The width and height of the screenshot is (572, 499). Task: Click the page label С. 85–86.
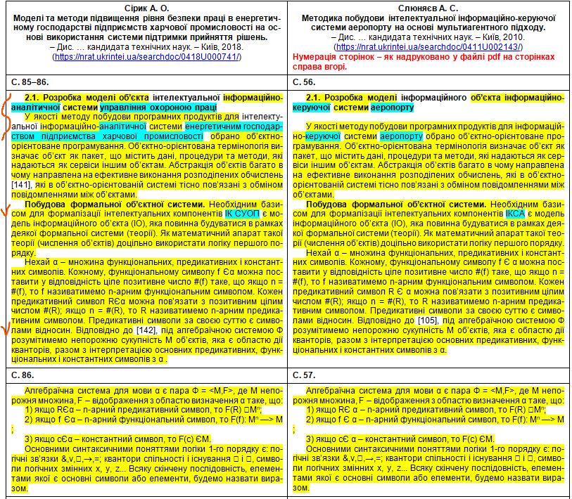pyautogui.click(x=29, y=82)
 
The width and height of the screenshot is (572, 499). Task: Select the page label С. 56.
pyautogui.click(x=304, y=82)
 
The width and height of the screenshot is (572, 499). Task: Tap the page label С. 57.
pyautogui.click(x=304, y=376)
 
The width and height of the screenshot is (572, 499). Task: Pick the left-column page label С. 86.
pyautogui.click(x=23, y=376)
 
